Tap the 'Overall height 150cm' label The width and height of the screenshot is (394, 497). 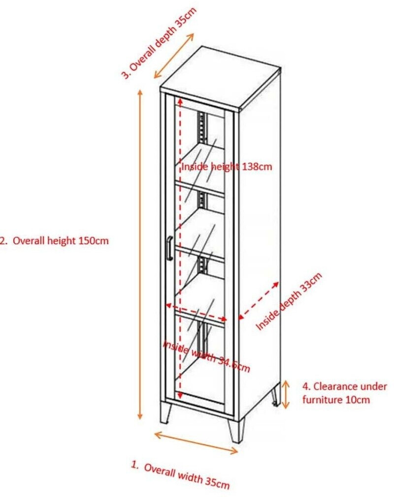coord(54,241)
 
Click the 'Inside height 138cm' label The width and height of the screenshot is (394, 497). coord(227,167)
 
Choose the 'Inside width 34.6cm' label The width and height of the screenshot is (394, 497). coord(207,356)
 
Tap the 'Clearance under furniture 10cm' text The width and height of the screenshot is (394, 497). coord(344,393)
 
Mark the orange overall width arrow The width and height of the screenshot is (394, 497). coord(196,442)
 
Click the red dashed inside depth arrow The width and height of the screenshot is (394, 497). coord(259,300)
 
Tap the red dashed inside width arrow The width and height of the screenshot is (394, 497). coord(196,312)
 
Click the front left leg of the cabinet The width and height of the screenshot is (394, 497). coord(165,412)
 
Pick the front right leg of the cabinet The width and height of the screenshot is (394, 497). coord(236,429)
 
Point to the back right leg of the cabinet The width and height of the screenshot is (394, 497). coord(275,396)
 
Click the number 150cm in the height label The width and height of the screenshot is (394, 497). coord(93,241)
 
